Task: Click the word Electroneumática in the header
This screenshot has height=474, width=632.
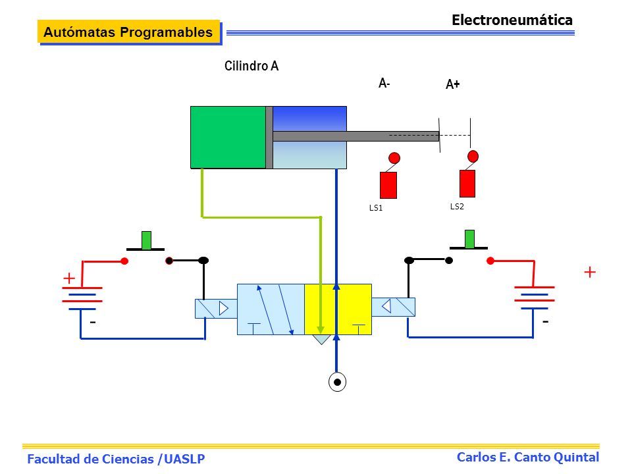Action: [512, 20]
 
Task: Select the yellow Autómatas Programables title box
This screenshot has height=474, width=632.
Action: [129, 32]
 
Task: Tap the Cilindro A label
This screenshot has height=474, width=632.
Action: [251, 66]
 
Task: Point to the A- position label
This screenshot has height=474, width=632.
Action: [384, 83]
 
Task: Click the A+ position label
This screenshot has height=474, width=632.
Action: [453, 84]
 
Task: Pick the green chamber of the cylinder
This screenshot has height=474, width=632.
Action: [228, 137]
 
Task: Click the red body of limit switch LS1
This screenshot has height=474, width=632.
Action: [388, 185]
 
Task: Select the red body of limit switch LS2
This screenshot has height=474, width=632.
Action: [467, 184]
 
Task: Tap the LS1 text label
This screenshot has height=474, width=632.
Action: [376, 207]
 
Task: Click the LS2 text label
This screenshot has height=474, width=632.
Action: [457, 206]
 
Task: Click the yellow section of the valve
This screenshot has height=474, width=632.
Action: [338, 309]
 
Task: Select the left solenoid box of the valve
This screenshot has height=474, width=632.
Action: [216, 309]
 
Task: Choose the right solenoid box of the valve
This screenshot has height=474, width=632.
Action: [394, 307]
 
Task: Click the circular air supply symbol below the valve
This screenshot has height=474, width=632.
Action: [337, 382]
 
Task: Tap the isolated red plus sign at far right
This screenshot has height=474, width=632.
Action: [590, 272]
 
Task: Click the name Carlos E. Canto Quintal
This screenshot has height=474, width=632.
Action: [527, 457]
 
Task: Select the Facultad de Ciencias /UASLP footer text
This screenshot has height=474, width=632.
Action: [116, 459]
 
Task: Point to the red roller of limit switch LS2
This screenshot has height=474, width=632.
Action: [473, 156]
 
